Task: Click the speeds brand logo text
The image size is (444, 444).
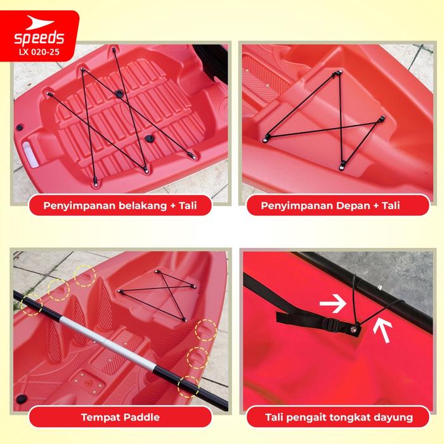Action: (39, 38)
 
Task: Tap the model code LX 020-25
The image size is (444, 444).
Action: (39, 52)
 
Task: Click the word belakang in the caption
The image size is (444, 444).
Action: (143, 206)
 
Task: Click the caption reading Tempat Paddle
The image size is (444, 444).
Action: (121, 417)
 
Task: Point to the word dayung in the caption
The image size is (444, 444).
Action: (393, 417)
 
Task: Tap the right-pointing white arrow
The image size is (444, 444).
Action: (333, 304)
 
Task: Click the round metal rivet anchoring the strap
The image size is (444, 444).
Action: (353, 329)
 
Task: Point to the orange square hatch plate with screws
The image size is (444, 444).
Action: (88, 383)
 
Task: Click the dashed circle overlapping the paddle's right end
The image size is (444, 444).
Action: (188, 386)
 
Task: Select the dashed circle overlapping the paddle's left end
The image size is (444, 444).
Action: (32, 304)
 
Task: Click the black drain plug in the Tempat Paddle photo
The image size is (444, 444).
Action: (22, 399)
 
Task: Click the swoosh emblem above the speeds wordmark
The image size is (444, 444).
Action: (39, 23)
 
